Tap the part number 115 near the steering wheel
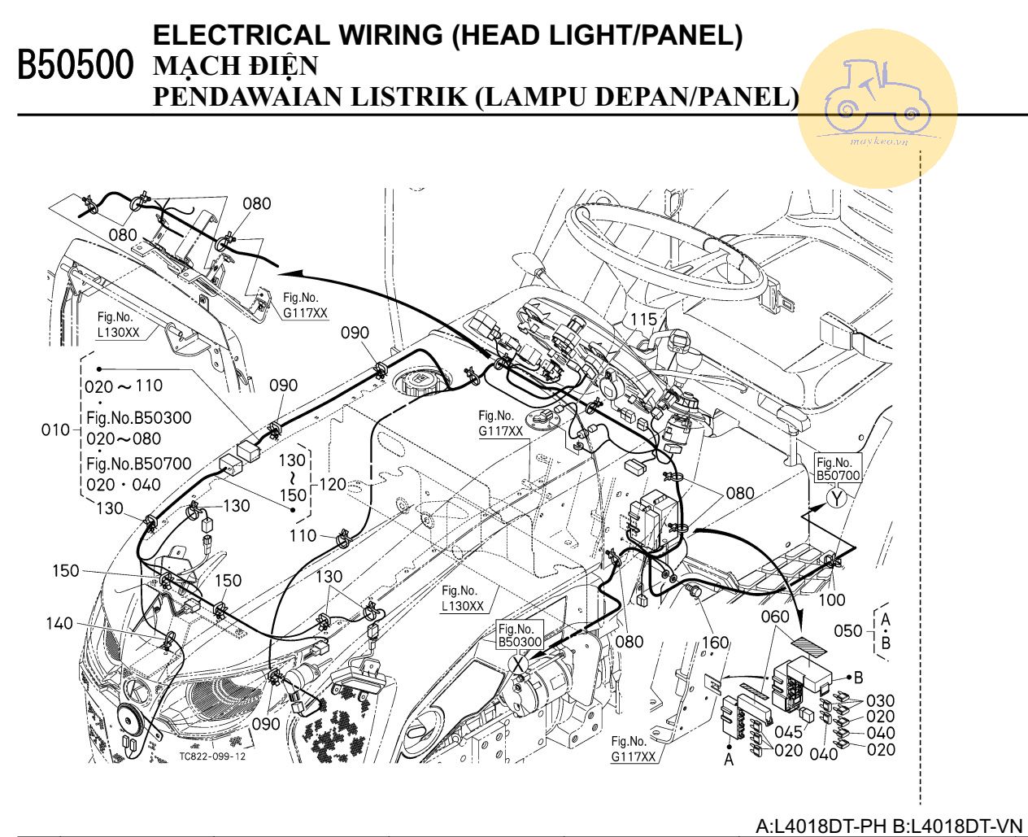coord(643,320)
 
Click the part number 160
coord(715,643)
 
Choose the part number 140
coord(59,624)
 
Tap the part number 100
coord(831,600)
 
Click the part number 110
coord(303,535)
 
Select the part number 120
coord(333,485)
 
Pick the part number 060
coord(775,617)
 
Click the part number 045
coord(788,733)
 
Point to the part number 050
coord(848,630)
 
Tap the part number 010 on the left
coord(56,429)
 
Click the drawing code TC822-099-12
coord(211,756)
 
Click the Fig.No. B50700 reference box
coord(837,469)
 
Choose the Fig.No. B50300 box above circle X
coord(519,635)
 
